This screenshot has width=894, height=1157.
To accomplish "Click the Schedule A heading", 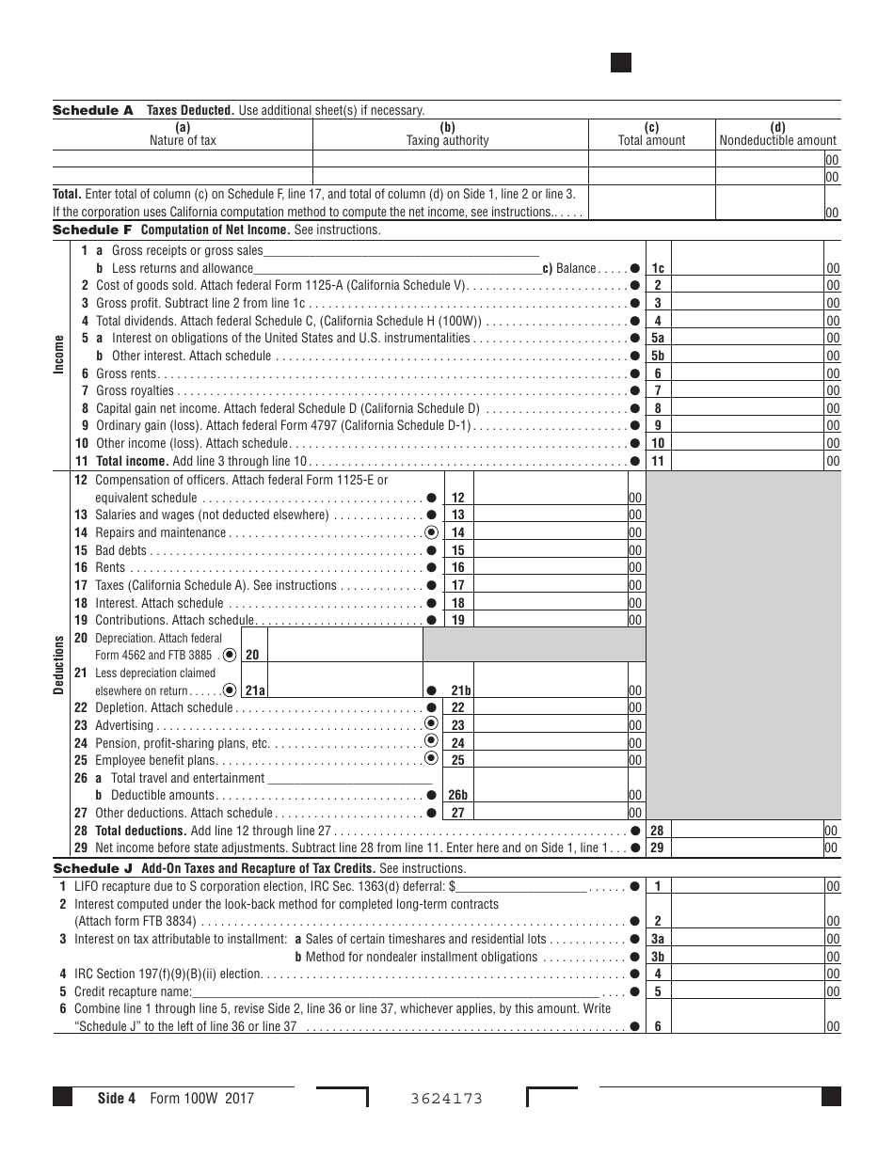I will click(92, 110).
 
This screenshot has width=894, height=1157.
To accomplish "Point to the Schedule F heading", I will click(92, 230).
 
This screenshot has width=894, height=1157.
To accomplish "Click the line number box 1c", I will click(658, 268).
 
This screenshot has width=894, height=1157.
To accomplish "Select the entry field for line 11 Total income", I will click(747, 461).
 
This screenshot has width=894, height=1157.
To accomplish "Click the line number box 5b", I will click(658, 356).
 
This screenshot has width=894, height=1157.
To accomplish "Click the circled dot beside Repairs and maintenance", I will click(432, 532).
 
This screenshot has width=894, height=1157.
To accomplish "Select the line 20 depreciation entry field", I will click(344, 655).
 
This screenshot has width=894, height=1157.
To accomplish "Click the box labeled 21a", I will click(252, 690).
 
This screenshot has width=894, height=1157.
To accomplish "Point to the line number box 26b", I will click(457, 795).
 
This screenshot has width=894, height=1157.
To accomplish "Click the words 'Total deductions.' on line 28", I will click(140, 831).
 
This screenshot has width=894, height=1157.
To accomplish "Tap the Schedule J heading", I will click(92, 868).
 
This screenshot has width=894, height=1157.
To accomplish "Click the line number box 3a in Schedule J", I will click(658, 939).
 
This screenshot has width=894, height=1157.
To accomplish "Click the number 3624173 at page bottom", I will click(447, 1099).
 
